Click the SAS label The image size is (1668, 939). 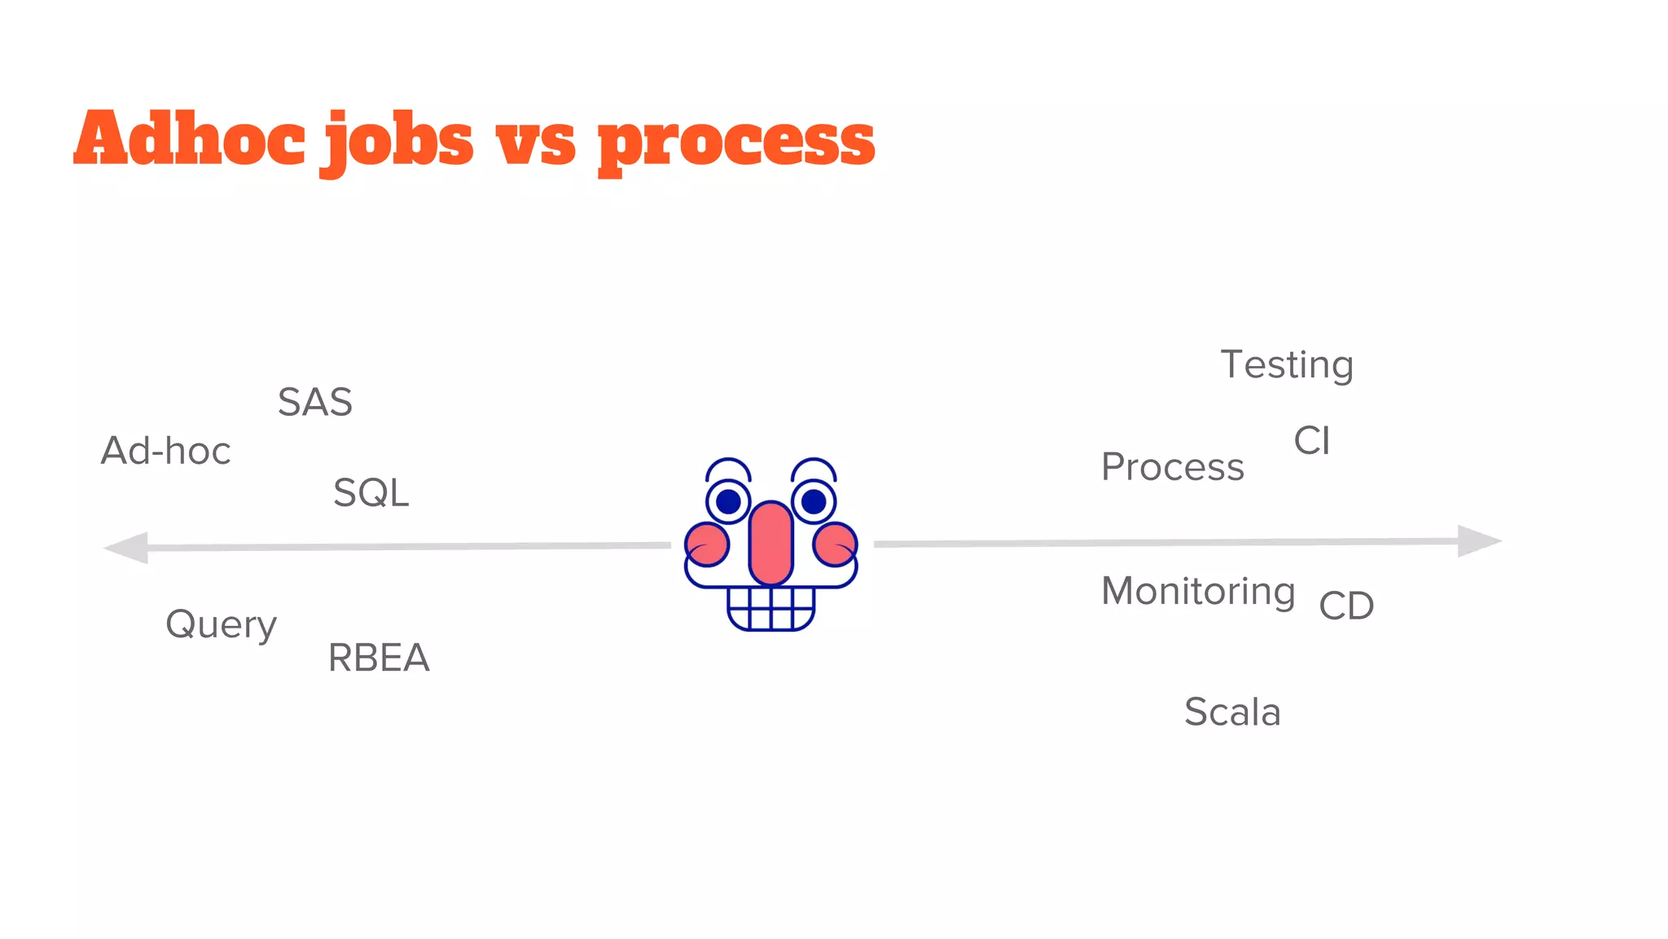click(315, 402)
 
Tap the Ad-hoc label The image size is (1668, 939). click(166, 451)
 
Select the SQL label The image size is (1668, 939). click(371, 493)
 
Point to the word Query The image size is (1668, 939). click(222, 625)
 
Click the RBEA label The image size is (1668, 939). click(379, 658)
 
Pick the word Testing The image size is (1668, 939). click(1287, 364)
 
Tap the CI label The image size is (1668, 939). click(1311, 441)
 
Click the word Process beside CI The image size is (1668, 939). click(1172, 467)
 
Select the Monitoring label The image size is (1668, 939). click(1198, 591)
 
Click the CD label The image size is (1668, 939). click(1346, 606)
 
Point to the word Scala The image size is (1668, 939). click(1232, 712)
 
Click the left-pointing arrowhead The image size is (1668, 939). click(128, 548)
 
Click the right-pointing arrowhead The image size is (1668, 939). click(1478, 540)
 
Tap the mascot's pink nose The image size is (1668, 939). click(770, 543)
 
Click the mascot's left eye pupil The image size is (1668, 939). click(728, 501)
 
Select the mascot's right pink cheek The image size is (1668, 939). click(835, 544)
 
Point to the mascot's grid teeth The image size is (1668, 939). click(770, 608)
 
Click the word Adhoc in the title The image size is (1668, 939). click(189, 139)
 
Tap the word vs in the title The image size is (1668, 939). click(535, 143)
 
